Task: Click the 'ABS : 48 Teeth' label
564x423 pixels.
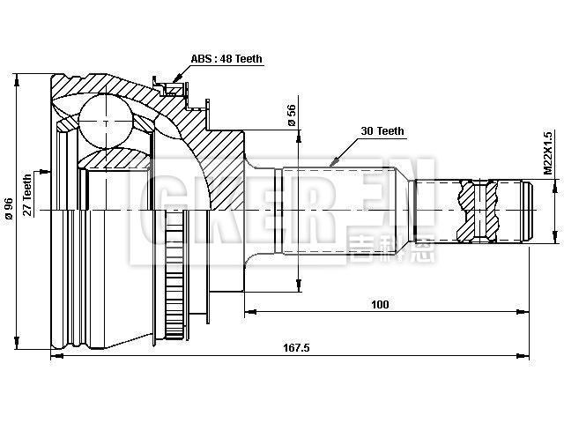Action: (226, 59)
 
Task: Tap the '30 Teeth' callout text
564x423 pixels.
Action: (382, 131)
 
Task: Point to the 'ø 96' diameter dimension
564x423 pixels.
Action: (9, 204)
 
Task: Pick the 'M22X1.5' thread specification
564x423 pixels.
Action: (547, 155)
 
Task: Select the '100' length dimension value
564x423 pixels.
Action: (380, 304)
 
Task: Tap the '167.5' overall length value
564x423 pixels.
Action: (297, 347)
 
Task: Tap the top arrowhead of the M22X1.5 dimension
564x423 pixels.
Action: (554, 182)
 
